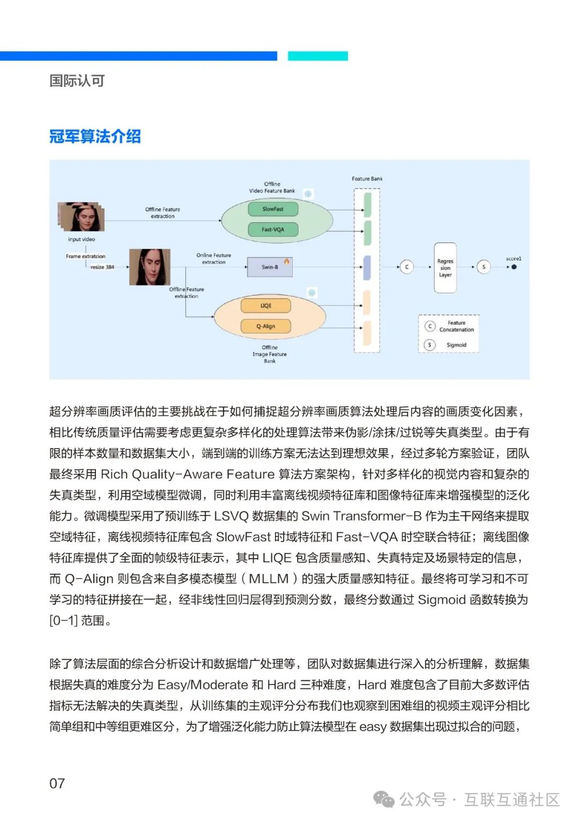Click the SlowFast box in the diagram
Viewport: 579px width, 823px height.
(273, 209)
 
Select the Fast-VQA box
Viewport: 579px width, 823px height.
(273, 230)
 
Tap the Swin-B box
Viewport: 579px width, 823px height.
(270, 267)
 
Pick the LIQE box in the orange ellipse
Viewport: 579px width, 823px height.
(266, 306)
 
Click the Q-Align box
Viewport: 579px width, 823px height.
(266, 326)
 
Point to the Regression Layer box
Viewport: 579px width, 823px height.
(445, 268)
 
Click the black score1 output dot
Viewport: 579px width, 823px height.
(514, 267)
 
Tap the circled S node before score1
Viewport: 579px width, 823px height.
(484, 267)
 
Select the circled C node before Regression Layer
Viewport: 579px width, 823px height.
(406, 267)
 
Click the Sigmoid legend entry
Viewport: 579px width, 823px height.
(456, 345)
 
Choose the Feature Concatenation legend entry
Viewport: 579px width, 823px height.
(456, 326)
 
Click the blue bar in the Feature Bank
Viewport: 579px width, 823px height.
(367, 268)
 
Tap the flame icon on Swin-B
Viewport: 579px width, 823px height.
(287, 261)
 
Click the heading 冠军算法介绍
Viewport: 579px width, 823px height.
(95, 136)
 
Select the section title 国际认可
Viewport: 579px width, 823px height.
(77, 81)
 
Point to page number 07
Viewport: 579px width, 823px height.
(57, 783)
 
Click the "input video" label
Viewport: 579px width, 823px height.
(81, 239)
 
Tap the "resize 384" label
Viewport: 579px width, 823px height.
(102, 267)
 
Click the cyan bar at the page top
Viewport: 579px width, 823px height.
(318, 56)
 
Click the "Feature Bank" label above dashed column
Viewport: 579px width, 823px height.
(367, 179)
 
